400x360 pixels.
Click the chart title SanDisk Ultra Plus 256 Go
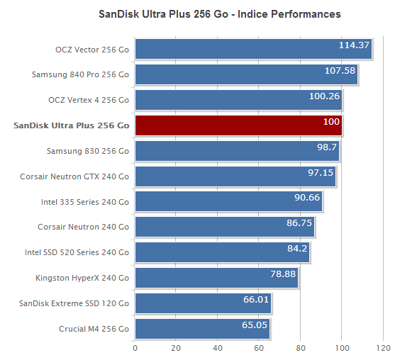point(219,14)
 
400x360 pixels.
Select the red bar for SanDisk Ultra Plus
point(238,125)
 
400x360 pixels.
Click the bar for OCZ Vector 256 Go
point(253,49)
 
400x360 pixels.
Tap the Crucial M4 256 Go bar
point(202,329)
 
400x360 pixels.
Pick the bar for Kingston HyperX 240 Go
point(216,278)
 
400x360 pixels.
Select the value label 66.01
point(255,300)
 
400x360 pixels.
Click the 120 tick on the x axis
point(384,349)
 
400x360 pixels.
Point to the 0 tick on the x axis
point(135,349)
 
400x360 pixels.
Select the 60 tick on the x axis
point(260,349)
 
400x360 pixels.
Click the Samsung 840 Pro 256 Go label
point(80,74)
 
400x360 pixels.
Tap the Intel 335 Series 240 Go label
point(85,202)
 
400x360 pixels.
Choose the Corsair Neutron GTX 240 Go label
point(74,176)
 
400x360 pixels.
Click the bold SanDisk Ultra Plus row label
point(71,125)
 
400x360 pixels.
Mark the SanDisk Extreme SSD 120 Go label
point(74,303)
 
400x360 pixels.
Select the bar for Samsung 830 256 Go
point(237,151)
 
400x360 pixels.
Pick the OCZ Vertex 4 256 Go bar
point(238,100)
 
